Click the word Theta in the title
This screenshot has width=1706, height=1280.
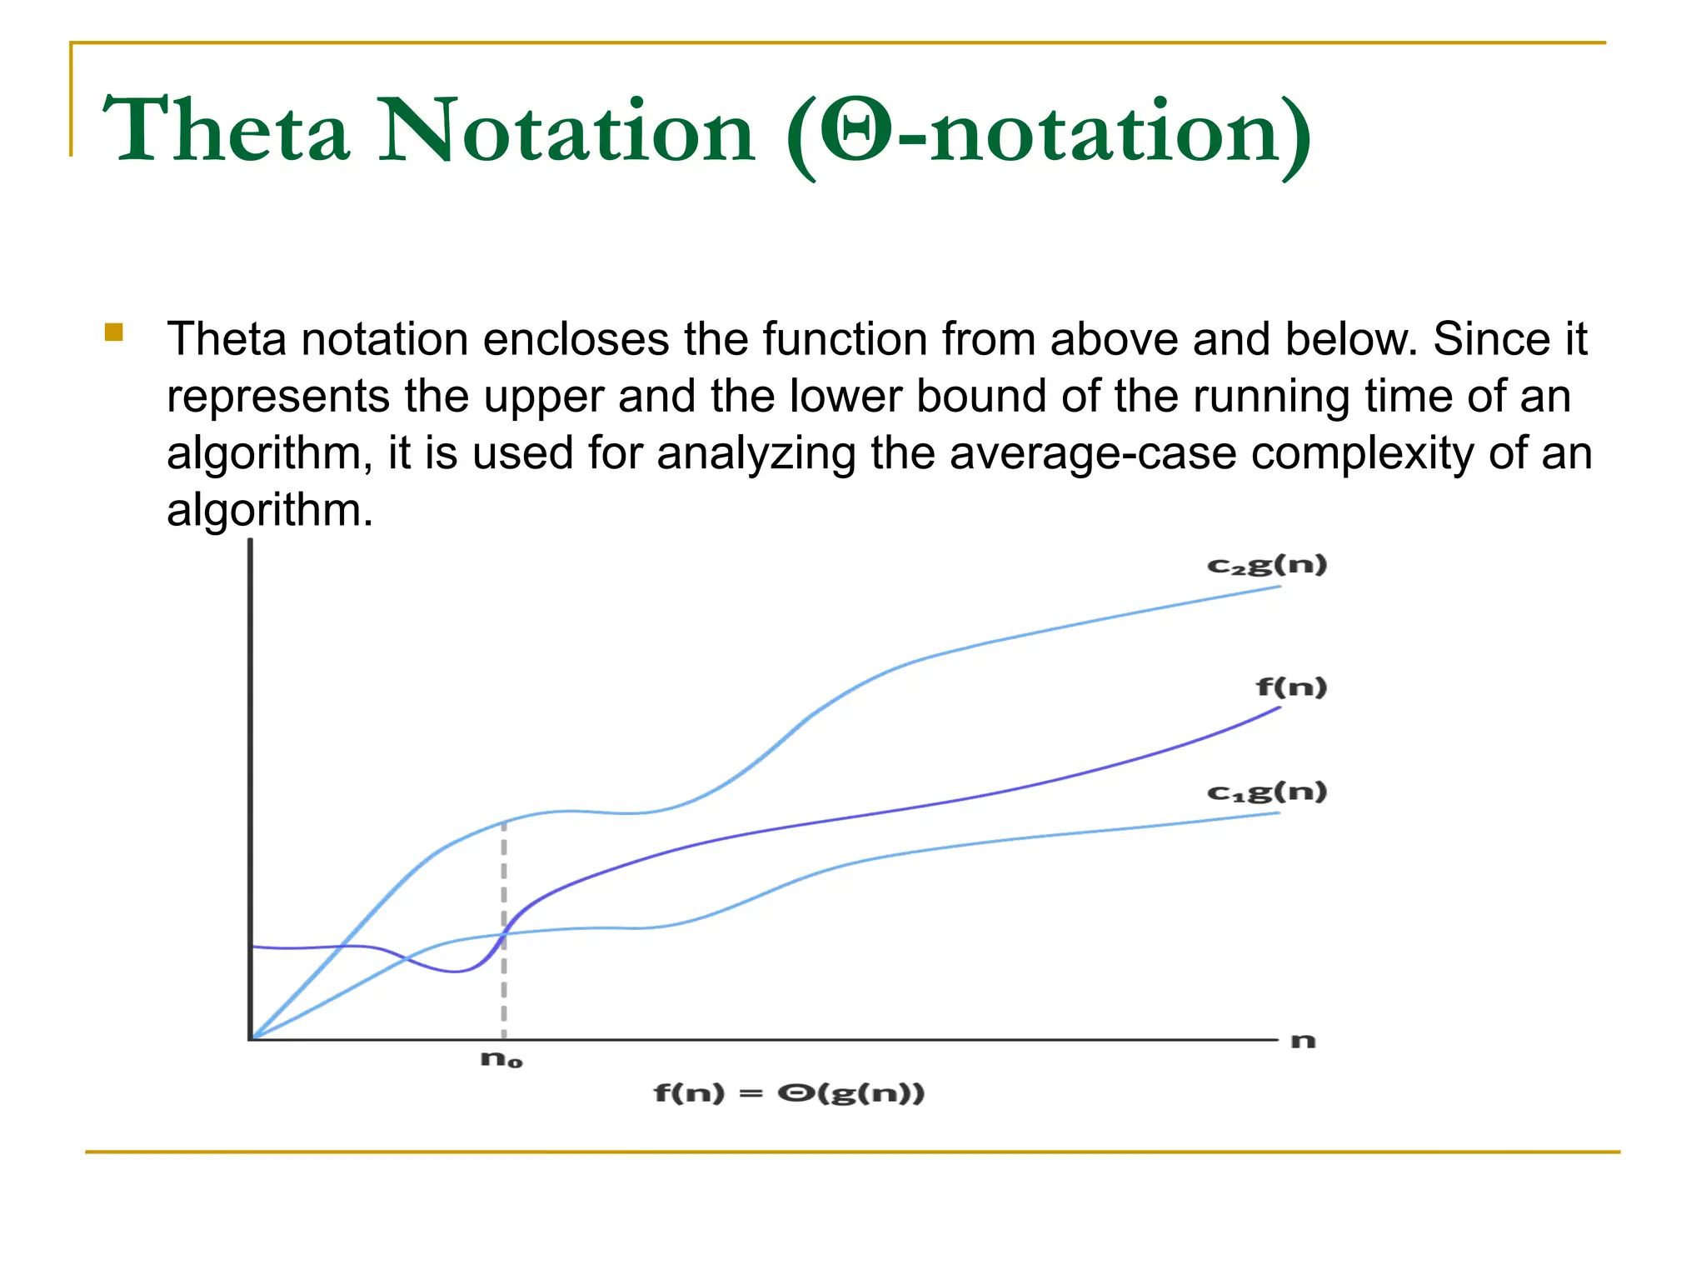[225, 131]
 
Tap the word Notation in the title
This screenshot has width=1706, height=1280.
[566, 131]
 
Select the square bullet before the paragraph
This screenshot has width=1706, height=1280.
[114, 332]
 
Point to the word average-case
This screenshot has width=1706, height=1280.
[1093, 453]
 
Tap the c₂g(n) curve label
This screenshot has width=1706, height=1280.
[1266, 566]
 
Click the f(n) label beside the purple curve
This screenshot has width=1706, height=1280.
[1291, 687]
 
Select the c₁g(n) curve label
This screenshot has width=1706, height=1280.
[1266, 792]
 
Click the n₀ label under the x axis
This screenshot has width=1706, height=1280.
[501, 1060]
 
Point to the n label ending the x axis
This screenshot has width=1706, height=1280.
[1303, 1041]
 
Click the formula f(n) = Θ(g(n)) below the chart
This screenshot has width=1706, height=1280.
[789, 1092]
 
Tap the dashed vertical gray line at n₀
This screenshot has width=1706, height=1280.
[504, 983]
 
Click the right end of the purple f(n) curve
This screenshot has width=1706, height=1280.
[1278, 708]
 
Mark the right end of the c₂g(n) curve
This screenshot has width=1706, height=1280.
[1279, 587]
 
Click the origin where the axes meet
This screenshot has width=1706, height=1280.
[251, 1039]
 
